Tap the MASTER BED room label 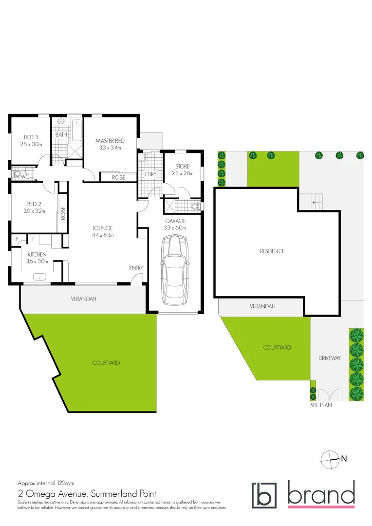(x=110, y=141)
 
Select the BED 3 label (x=31, y=137)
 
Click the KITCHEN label (x=37, y=254)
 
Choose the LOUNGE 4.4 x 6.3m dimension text (x=103, y=235)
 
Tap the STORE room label (x=183, y=167)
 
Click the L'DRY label (x=150, y=174)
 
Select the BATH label (x=61, y=134)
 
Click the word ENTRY (x=136, y=268)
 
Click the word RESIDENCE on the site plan (x=272, y=251)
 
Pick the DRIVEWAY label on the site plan (x=330, y=358)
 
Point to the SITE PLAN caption (x=321, y=405)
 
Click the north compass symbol (x=330, y=458)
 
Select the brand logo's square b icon (x=263, y=495)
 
